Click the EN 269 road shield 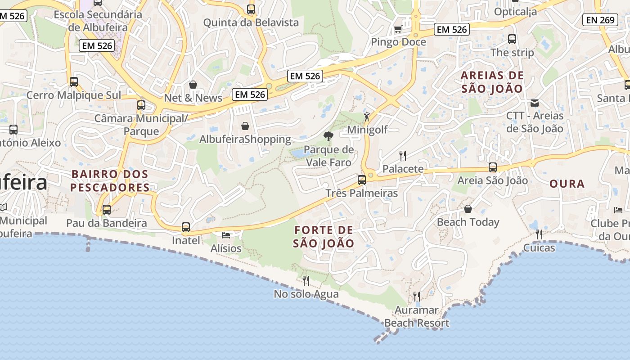[601, 20]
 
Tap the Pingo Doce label [398, 42]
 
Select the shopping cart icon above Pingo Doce [398, 29]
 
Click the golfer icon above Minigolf [367, 117]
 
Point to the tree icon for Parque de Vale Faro [328, 136]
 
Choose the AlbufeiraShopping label [245, 139]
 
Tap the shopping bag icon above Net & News [193, 85]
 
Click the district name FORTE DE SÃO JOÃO [324, 237]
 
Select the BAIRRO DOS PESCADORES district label [110, 180]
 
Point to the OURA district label [567, 184]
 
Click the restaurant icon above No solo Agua [306, 281]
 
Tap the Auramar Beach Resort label [416, 316]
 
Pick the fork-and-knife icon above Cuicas [539, 234]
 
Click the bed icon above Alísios [226, 235]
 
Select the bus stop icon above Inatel [186, 227]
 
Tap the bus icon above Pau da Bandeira [107, 210]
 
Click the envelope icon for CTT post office [535, 103]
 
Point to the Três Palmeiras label [362, 193]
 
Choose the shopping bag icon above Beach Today [468, 209]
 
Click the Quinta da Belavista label [251, 22]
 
